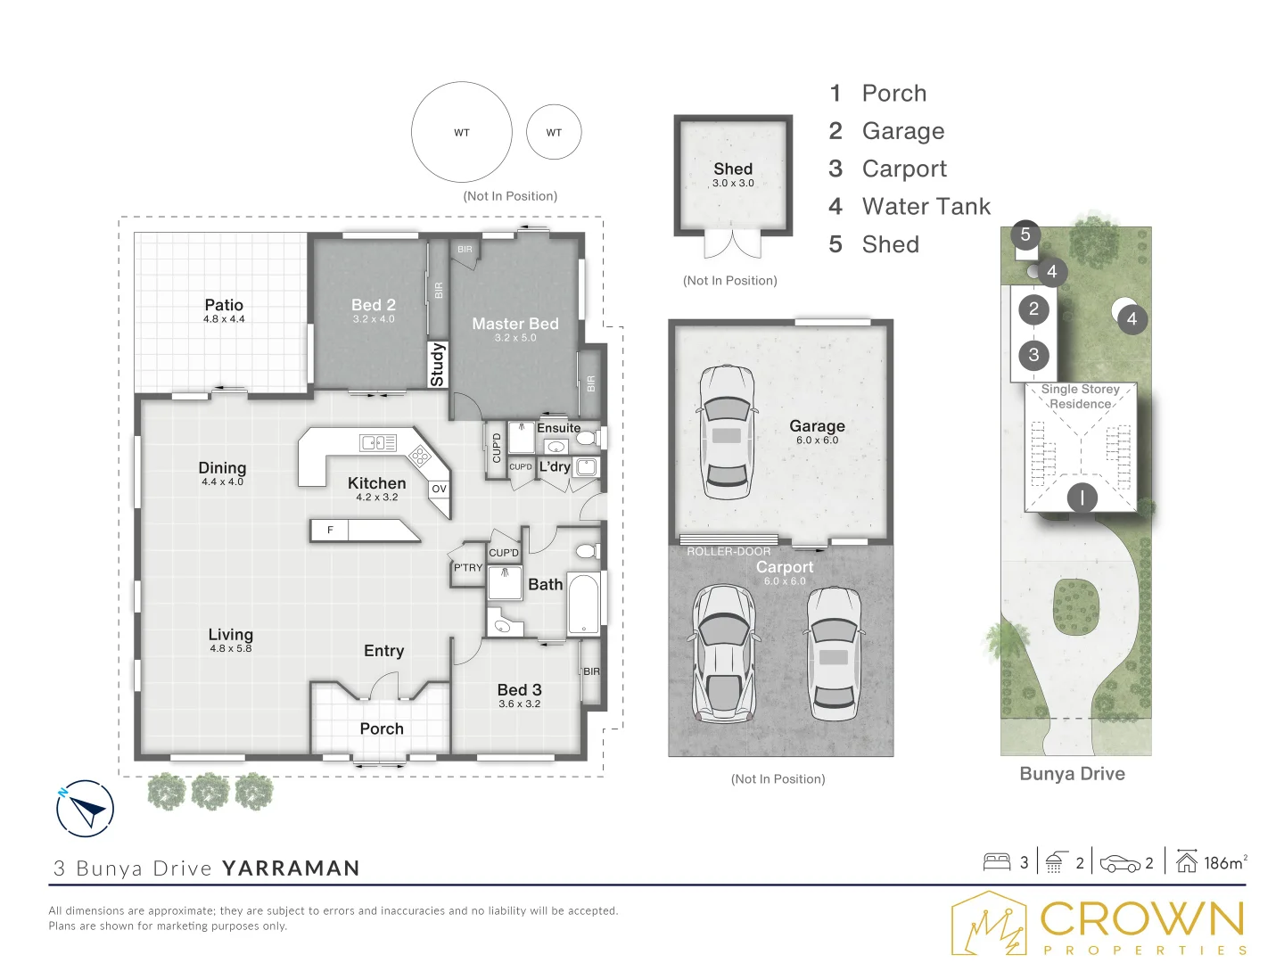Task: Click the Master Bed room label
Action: tap(514, 324)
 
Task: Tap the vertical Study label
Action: tap(438, 365)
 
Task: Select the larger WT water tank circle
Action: tap(462, 132)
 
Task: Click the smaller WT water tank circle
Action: tap(554, 132)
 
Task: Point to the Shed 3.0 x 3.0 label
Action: tap(733, 175)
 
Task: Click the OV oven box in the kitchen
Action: tap(439, 489)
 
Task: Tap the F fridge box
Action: tap(330, 530)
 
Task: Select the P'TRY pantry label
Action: tap(468, 567)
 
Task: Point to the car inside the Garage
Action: tap(727, 432)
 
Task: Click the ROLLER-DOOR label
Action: tap(728, 551)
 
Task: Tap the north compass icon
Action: tap(85, 809)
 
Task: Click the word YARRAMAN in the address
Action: tap(291, 868)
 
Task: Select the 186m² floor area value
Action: tap(1225, 862)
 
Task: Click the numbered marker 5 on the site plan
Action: tap(1025, 235)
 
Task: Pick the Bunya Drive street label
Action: tap(1073, 774)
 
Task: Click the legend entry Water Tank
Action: tap(926, 206)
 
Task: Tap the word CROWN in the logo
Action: tap(1141, 918)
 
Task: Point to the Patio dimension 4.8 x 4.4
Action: tap(224, 318)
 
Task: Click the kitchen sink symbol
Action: tap(378, 442)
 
